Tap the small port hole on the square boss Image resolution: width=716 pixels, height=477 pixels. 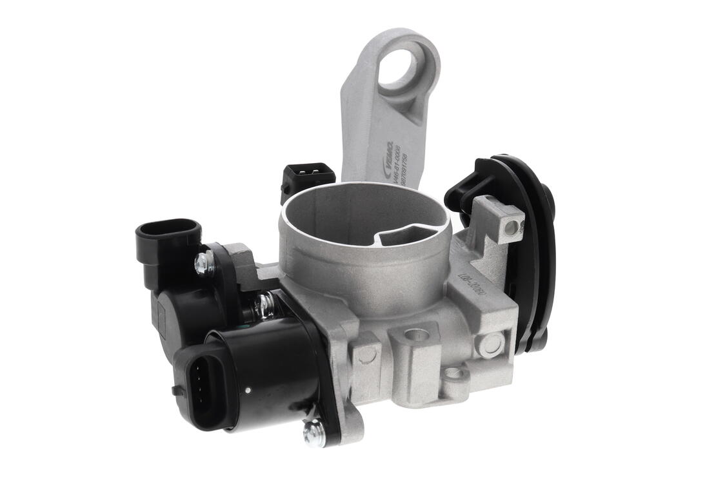click(x=513, y=228)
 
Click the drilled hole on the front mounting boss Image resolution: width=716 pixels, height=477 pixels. click(x=414, y=336)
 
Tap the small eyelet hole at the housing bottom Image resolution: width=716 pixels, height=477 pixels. click(x=455, y=373)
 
